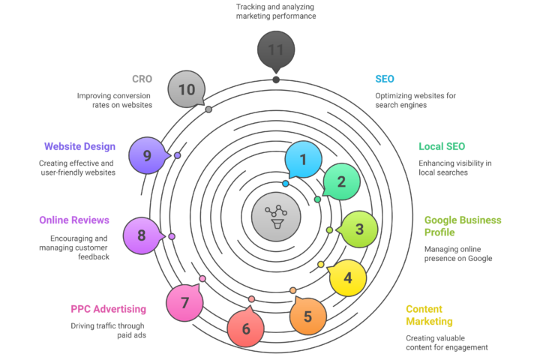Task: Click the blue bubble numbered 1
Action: (x=303, y=159)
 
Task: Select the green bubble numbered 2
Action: (x=341, y=181)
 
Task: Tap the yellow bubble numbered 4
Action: (x=348, y=277)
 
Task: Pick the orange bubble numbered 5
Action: (x=307, y=316)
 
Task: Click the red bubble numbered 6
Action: (x=246, y=328)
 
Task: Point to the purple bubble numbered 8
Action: (x=141, y=235)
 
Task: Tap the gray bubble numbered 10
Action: (x=187, y=89)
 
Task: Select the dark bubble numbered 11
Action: (x=276, y=50)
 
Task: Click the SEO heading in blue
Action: (x=385, y=79)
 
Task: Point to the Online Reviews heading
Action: (x=74, y=220)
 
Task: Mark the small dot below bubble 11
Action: (x=276, y=79)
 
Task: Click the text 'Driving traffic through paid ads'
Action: (x=108, y=331)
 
